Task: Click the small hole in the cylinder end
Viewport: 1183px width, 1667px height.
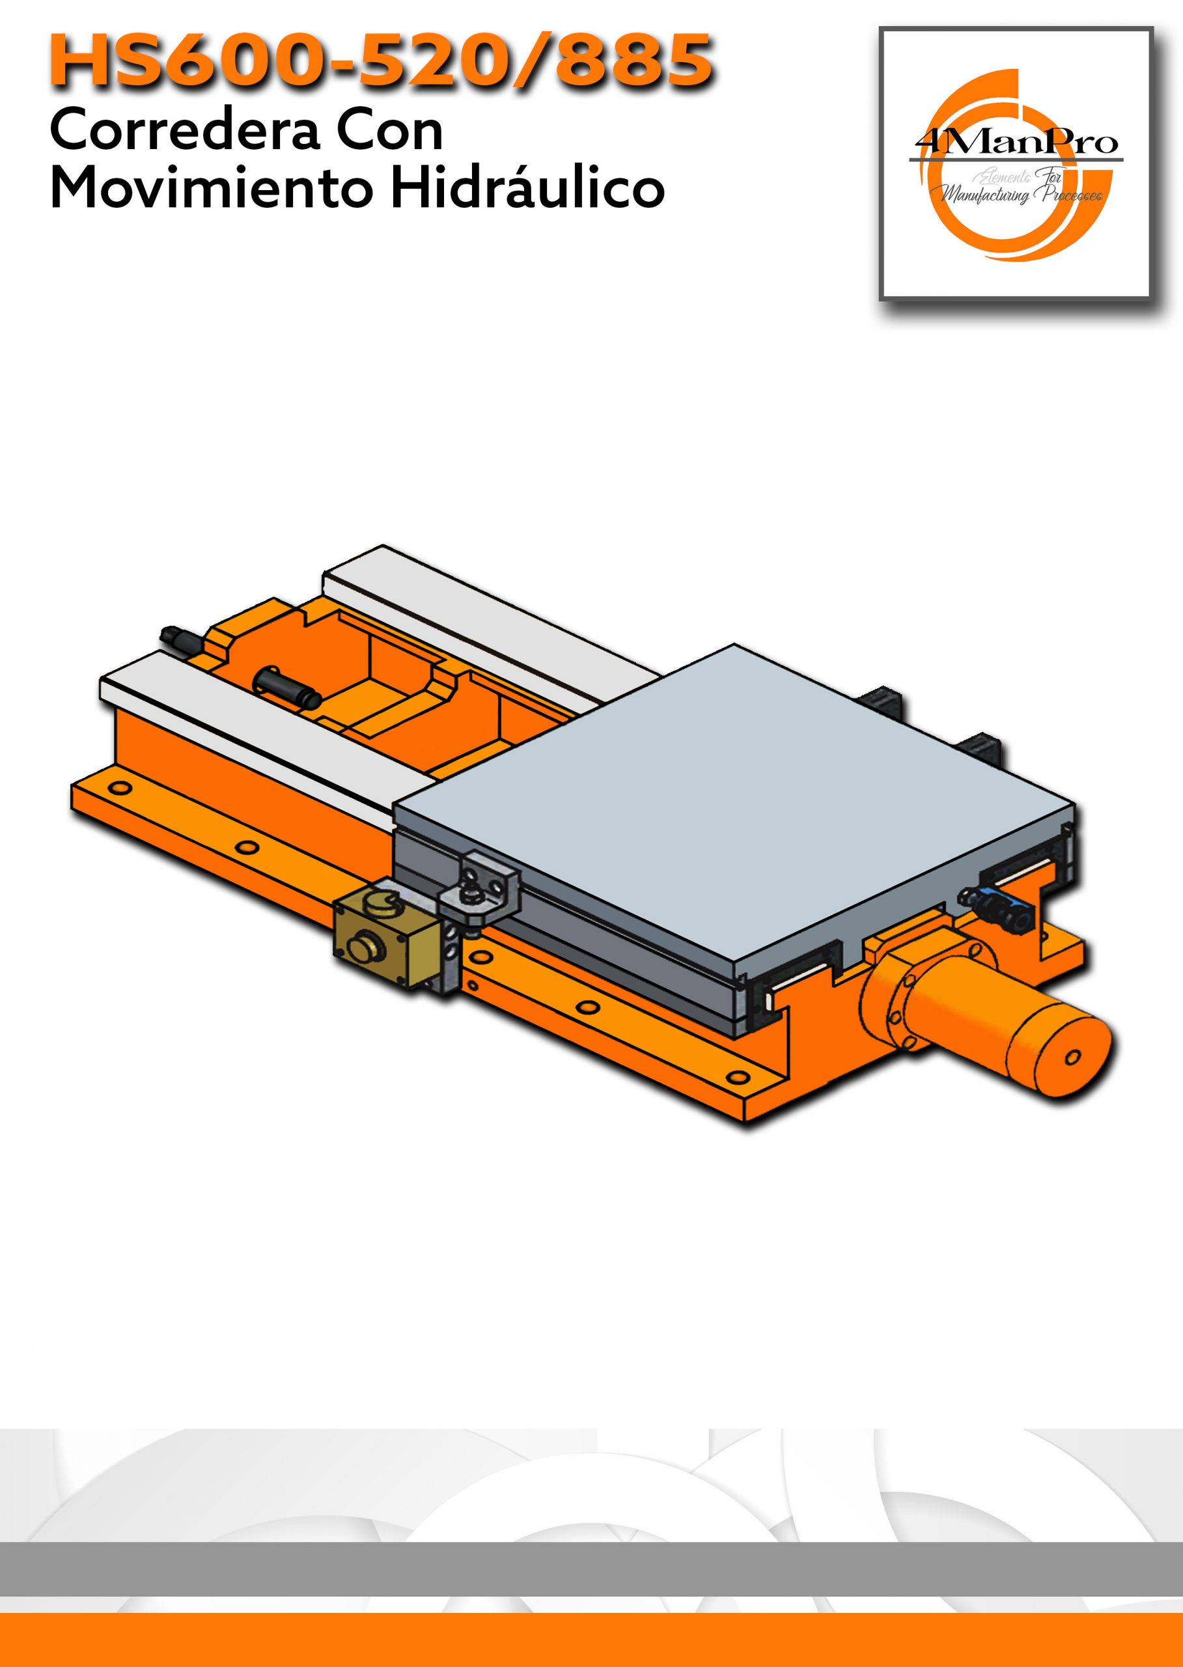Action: coord(1073,1056)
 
